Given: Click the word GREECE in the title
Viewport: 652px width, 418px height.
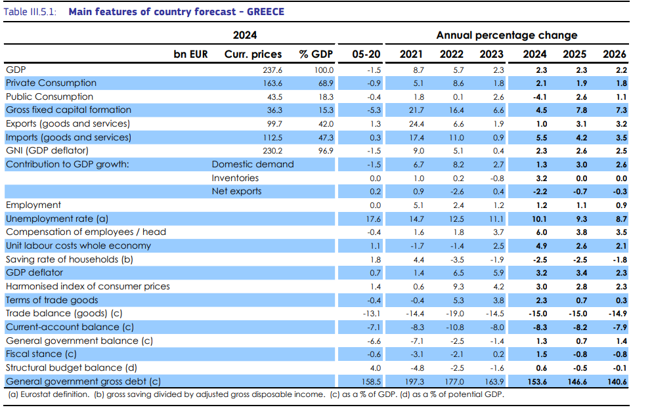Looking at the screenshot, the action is click(x=265, y=12).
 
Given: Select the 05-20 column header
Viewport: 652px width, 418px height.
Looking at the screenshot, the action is click(x=366, y=54).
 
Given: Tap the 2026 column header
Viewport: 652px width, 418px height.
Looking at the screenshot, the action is click(x=614, y=54).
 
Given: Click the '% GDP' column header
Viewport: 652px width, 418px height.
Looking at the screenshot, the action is click(x=316, y=54).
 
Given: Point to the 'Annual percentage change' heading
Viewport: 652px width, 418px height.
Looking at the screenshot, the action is click(x=506, y=35).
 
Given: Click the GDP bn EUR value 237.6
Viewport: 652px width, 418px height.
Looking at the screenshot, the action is click(x=272, y=70).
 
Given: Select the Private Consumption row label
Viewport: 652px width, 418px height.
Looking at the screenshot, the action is click(x=51, y=83).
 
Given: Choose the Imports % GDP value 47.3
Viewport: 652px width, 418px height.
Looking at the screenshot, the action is click(x=326, y=138).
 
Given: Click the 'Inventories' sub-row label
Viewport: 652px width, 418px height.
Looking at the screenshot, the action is click(x=235, y=178).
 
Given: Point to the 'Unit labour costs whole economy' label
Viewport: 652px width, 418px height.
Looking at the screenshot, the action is click(x=78, y=246).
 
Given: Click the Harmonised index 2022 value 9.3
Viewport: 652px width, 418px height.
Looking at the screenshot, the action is click(x=458, y=287).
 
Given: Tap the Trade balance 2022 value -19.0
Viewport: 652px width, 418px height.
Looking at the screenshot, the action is click(x=455, y=314).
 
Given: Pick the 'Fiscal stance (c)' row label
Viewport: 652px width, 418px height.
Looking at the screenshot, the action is click(x=41, y=354).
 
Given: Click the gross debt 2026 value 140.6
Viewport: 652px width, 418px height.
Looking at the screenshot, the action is click(x=617, y=382).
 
